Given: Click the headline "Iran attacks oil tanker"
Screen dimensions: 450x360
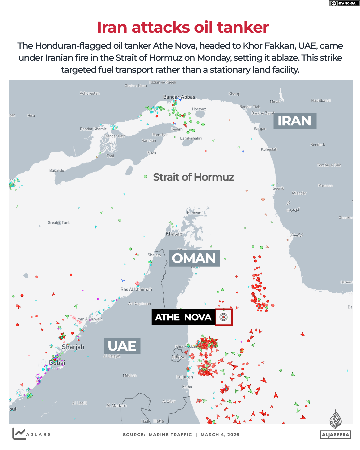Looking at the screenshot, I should click(x=183, y=27).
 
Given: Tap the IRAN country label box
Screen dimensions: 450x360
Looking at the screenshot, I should click(x=295, y=121).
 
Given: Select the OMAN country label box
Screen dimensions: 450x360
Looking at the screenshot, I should click(x=194, y=258).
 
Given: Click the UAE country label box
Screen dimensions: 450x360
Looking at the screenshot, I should click(x=122, y=346).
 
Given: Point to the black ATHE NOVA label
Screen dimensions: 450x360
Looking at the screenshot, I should click(x=183, y=317).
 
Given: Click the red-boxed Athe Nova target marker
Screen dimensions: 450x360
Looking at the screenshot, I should click(x=224, y=317).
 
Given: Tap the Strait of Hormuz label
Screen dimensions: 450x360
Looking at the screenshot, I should click(x=193, y=177).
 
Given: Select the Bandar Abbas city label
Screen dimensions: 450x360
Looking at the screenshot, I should click(x=179, y=97).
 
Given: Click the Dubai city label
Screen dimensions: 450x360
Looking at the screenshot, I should click(x=57, y=362).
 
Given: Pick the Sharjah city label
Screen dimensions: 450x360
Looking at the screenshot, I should click(x=73, y=347).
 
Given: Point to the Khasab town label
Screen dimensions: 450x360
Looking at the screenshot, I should click(x=174, y=234).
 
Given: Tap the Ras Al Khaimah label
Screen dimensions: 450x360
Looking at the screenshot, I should click(x=136, y=289).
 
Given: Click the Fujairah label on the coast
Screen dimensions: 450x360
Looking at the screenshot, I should click(x=184, y=377).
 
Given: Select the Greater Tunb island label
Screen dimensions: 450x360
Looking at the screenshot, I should click(x=59, y=223).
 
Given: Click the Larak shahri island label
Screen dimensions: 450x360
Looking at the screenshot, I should click(x=191, y=138).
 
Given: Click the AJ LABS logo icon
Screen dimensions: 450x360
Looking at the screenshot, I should click(x=19, y=433).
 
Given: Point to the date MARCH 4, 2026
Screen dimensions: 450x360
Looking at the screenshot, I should click(x=220, y=435).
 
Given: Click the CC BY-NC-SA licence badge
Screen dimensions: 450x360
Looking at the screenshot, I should click(x=344, y=3).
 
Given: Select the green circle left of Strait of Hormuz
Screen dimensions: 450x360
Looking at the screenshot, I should click(x=145, y=176).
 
